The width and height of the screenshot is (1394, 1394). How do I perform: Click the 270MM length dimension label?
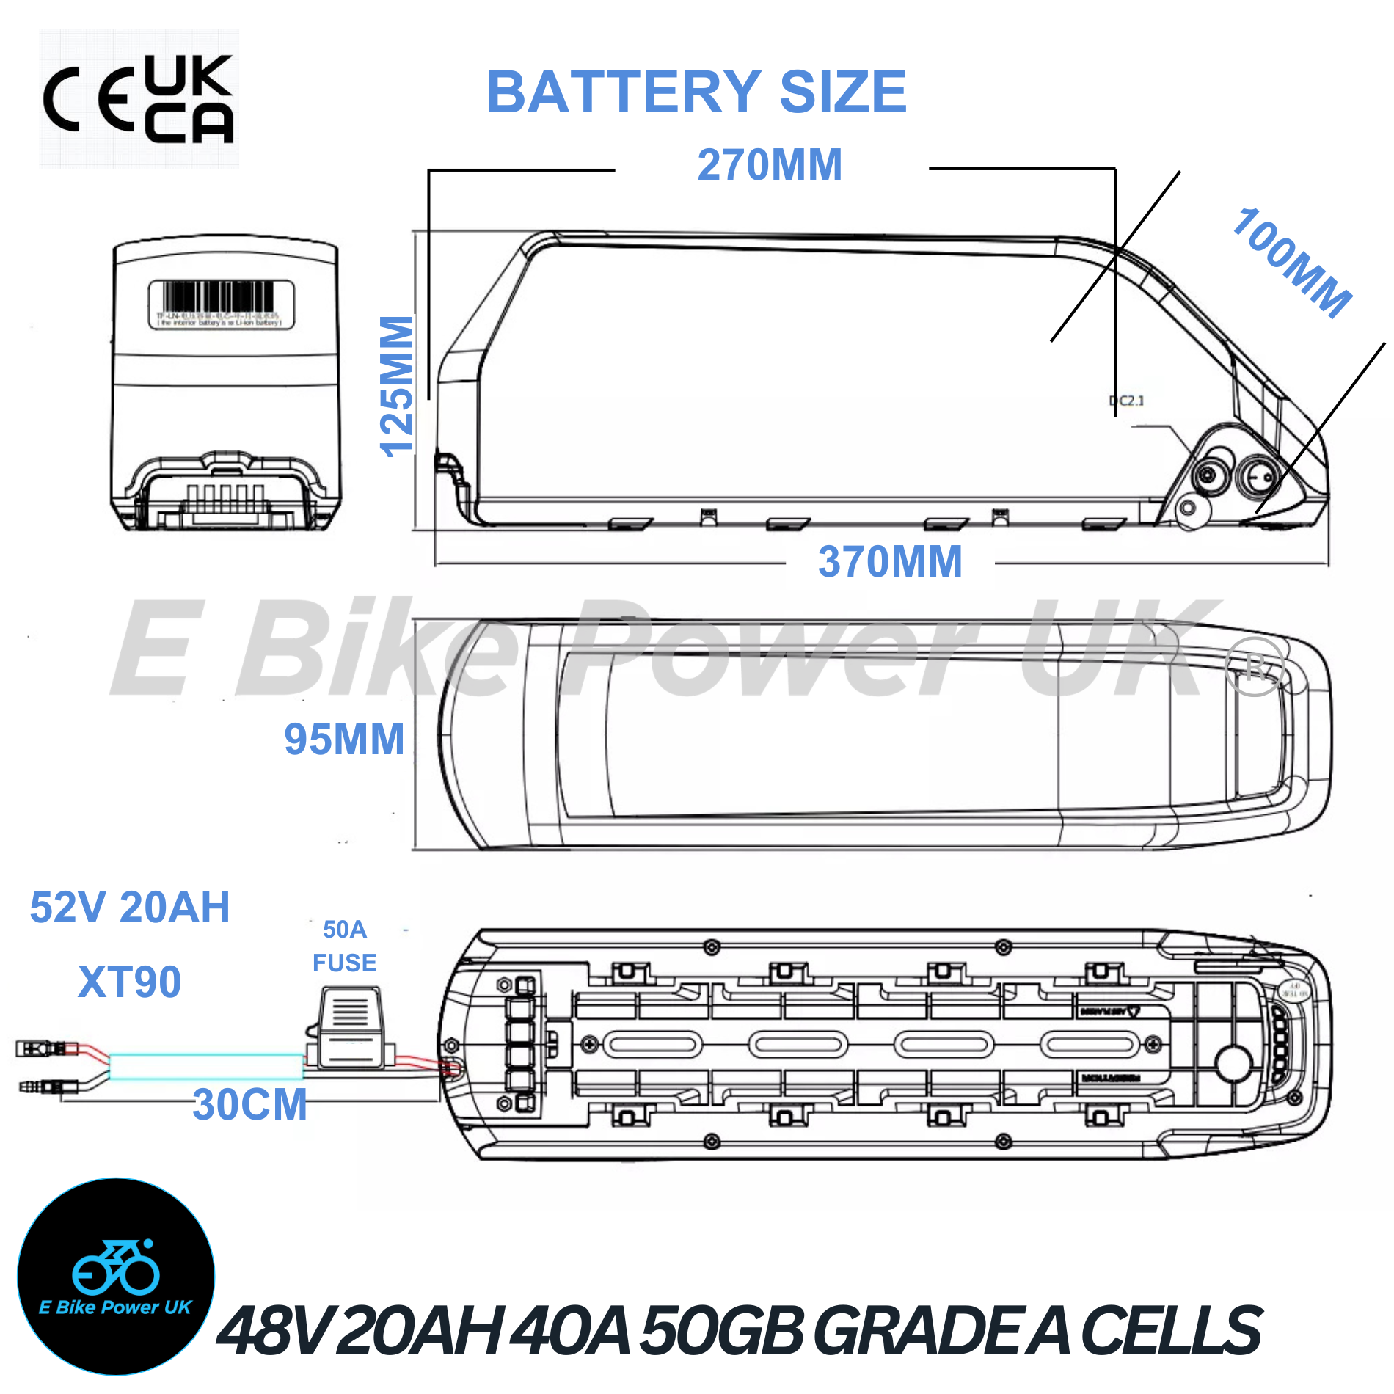770,165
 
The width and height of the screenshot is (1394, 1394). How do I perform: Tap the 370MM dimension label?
890,562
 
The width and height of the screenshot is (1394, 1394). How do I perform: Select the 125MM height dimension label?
397,387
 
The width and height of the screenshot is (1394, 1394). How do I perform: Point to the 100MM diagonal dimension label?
1291,262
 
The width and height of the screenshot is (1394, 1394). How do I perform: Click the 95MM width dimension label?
344,739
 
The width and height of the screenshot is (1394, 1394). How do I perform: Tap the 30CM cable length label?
249,1104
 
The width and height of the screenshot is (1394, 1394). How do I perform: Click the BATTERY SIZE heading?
697,92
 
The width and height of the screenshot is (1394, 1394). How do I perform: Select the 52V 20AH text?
130,908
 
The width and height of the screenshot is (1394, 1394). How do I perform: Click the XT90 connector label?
130,982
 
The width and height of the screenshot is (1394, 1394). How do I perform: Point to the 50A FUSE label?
344,946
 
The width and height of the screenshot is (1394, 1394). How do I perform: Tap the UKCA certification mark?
189,99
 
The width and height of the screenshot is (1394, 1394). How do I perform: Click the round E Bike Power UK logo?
116,1276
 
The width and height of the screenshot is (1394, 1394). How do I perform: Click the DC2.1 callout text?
1127,401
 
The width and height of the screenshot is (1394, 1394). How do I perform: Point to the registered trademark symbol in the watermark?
1255,667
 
